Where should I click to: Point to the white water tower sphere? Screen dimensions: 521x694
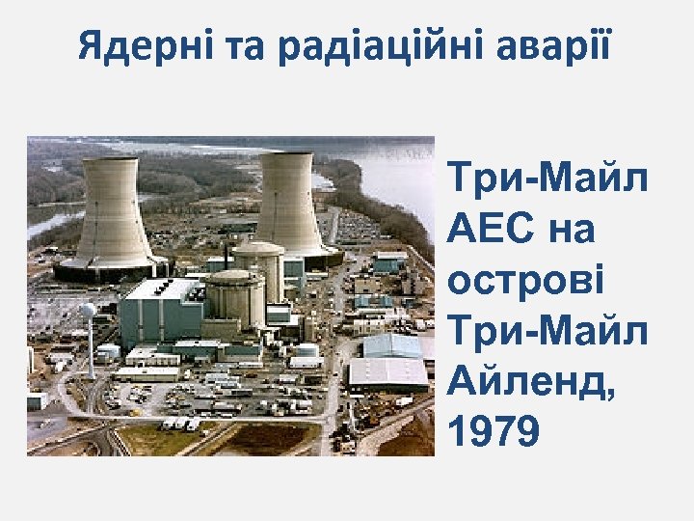(x=88, y=312)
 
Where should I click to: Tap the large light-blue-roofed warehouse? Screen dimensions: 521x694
(x=391, y=344)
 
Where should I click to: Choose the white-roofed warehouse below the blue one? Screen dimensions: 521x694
(x=387, y=372)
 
